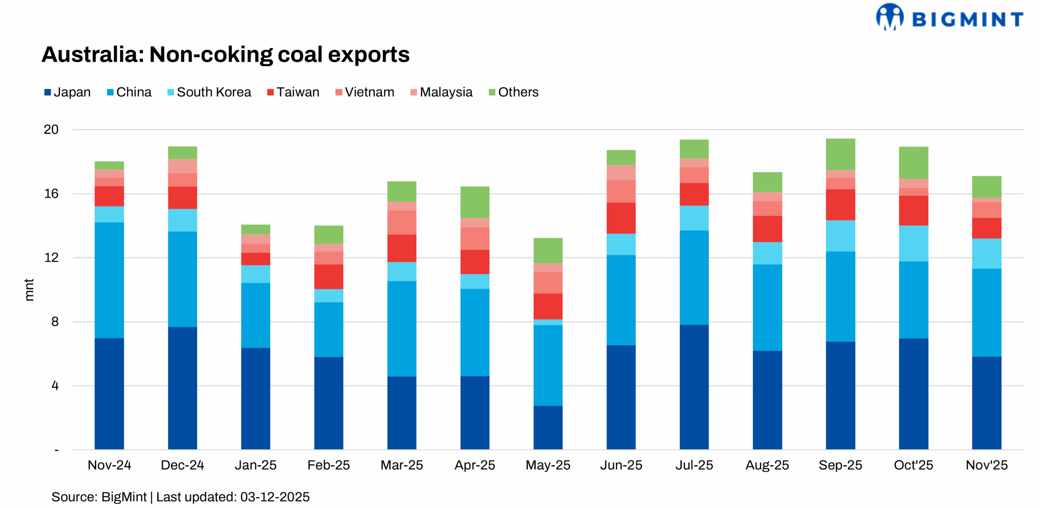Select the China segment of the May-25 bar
tap(548, 365)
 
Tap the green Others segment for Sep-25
tap(840, 154)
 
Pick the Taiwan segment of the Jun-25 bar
tap(621, 217)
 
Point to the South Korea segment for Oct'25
tap(913, 243)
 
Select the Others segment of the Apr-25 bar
tap(474, 202)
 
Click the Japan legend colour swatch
tap(48, 93)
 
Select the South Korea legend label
tap(214, 93)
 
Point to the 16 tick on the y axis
tap(51, 194)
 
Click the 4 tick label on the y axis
tap(55, 385)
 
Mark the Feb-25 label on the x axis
tap(328, 465)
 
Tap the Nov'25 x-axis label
tap(986, 465)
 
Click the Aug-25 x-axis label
tap(767, 465)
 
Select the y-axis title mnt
tap(29, 290)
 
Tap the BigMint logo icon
tap(889, 17)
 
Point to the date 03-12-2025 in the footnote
tap(275, 497)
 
